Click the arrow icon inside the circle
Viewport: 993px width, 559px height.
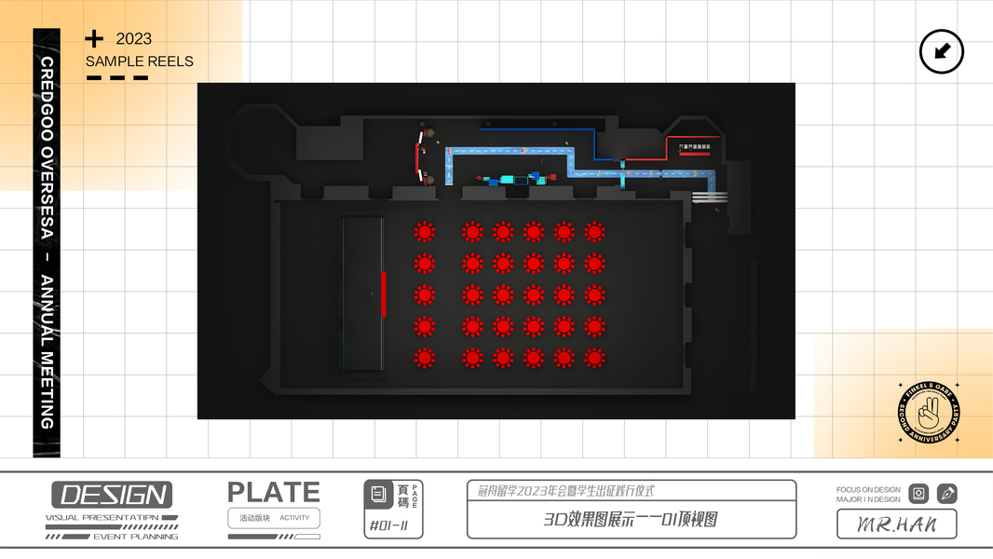(x=941, y=51)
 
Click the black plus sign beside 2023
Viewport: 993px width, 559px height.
(x=94, y=38)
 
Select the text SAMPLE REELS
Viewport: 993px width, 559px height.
(x=140, y=61)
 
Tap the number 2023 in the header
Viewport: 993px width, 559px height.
(x=134, y=39)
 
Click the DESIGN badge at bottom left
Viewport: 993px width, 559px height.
(x=112, y=495)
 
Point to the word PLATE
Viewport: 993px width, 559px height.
(x=274, y=493)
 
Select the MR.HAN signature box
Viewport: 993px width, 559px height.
(x=896, y=525)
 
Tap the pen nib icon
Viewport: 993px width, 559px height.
(x=946, y=494)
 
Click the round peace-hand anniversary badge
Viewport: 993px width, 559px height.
(x=928, y=412)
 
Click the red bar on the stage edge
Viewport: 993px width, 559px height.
(x=383, y=293)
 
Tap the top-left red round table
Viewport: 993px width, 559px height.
(x=425, y=232)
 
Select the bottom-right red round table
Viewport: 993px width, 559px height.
(x=594, y=358)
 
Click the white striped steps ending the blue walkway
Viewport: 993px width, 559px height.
(x=710, y=197)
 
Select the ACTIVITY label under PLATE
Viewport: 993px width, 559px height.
(x=294, y=518)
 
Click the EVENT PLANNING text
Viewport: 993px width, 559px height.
(x=135, y=537)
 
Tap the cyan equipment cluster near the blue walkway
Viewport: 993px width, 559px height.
(x=511, y=179)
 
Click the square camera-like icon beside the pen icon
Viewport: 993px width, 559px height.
(x=918, y=494)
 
